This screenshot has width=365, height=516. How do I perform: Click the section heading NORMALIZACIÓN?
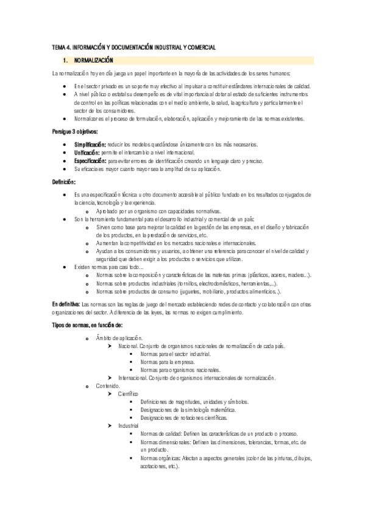(93, 60)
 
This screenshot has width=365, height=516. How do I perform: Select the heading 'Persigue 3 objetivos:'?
(75, 131)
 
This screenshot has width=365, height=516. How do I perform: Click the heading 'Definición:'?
(63, 181)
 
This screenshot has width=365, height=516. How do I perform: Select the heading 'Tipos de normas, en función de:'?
(87, 325)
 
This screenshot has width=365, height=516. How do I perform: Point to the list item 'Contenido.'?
(109, 386)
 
